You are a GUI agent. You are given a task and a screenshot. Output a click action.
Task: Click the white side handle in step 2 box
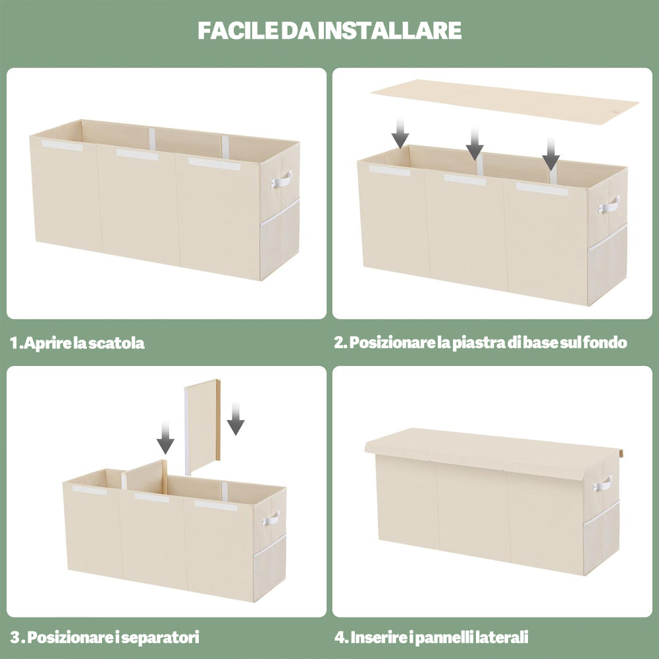[x=609, y=204]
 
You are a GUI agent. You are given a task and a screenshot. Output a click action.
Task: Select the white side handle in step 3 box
[x=271, y=518]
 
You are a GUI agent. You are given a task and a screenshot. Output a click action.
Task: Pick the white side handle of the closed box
[x=602, y=484]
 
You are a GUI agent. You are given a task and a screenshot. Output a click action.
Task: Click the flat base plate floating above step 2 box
[x=505, y=101]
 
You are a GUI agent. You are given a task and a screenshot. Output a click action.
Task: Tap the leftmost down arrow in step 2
[x=400, y=132]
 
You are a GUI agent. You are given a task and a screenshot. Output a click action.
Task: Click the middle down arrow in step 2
[x=475, y=144]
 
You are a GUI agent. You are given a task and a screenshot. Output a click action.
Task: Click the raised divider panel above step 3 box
[x=203, y=427]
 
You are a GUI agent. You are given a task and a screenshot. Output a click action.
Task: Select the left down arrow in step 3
[x=166, y=438]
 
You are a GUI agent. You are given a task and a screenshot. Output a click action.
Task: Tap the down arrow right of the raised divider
[x=236, y=419]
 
